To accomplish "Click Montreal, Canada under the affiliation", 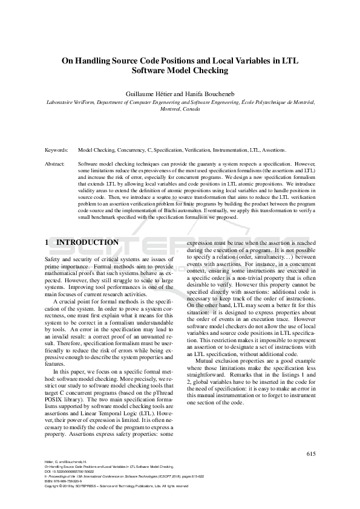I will (x=180, y=111).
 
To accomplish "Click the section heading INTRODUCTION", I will (x=87, y=242).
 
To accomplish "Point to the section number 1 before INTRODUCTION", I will (x=47, y=242).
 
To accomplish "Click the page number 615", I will (x=310, y=454).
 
